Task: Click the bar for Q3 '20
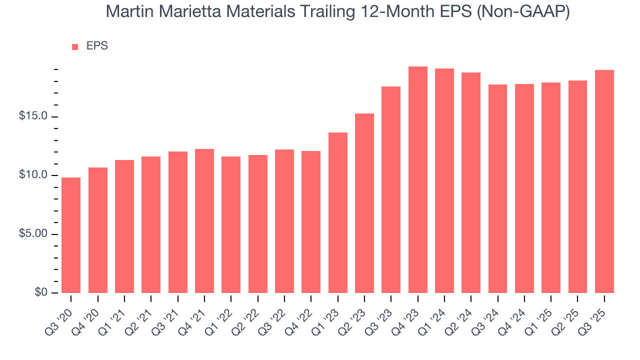(71, 235)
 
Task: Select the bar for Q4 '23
(417, 180)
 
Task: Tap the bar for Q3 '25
(604, 181)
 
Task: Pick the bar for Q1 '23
(337, 212)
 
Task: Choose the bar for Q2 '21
(151, 224)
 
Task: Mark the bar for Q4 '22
(311, 222)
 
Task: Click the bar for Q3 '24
(497, 188)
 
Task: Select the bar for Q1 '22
(231, 224)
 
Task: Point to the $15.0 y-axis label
(33, 116)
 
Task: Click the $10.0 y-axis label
(33, 175)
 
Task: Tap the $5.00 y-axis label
(33, 234)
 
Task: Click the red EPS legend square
(75, 46)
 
